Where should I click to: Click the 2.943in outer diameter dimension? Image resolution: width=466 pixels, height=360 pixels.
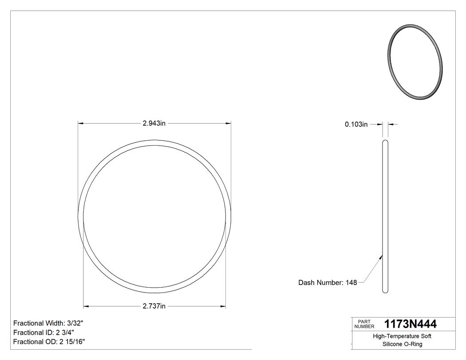pos(154,123)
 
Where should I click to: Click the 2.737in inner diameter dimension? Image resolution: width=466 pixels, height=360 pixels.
pos(154,306)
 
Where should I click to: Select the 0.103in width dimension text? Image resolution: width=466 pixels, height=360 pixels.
pos(356,125)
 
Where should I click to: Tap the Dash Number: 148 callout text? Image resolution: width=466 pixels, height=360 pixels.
pos(328,283)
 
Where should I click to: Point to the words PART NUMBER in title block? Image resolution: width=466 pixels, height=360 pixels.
pos(364,324)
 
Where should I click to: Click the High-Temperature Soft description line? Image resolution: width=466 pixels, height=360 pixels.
pos(402,336)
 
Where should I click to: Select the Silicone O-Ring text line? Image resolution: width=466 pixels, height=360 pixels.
pos(402,344)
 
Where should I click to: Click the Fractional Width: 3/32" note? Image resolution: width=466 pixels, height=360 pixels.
pos(48,323)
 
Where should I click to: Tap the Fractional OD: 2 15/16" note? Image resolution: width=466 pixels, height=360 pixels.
pos(49,342)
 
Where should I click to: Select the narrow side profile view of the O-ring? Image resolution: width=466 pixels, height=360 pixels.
pos(385,216)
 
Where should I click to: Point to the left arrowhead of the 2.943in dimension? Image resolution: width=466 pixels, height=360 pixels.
pos(81,123)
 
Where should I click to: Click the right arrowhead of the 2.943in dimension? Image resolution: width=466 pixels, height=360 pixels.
pos(229,123)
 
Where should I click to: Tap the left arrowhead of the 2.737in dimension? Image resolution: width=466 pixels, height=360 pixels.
pos(87,306)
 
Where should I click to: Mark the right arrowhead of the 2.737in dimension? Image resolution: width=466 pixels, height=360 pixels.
pos(223,306)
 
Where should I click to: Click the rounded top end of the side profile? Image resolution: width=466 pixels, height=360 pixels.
pos(385,142)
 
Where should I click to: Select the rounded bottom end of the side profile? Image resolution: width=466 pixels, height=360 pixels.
pos(385,291)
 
